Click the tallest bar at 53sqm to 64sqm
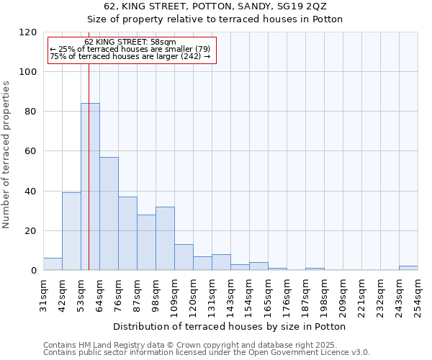tap(90, 187)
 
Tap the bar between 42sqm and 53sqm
tap(71, 232)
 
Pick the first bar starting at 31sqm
tap(53, 264)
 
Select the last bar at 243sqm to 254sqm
tap(408, 268)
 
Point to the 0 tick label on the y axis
tap(34, 271)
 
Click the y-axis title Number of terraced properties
tap(6, 154)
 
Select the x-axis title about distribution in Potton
tap(230, 326)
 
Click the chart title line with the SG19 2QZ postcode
tap(216, 6)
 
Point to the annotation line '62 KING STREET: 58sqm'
tap(130, 42)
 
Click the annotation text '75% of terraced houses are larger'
tap(130, 56)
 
